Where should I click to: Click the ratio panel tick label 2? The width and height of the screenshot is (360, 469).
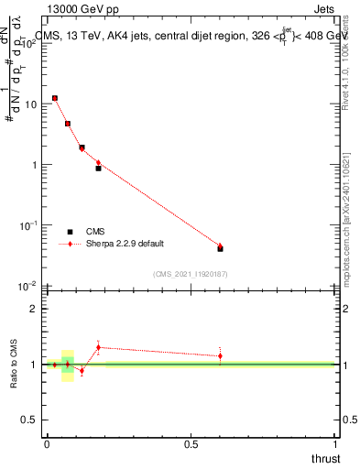35,310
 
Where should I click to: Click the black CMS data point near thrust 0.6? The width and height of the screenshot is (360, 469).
220,248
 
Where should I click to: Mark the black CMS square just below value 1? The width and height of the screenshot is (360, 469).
98,169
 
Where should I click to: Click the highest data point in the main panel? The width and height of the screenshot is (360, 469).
55,98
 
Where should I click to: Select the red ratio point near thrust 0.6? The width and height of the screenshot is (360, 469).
220,355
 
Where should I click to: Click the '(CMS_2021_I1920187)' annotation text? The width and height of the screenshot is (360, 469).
191,273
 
